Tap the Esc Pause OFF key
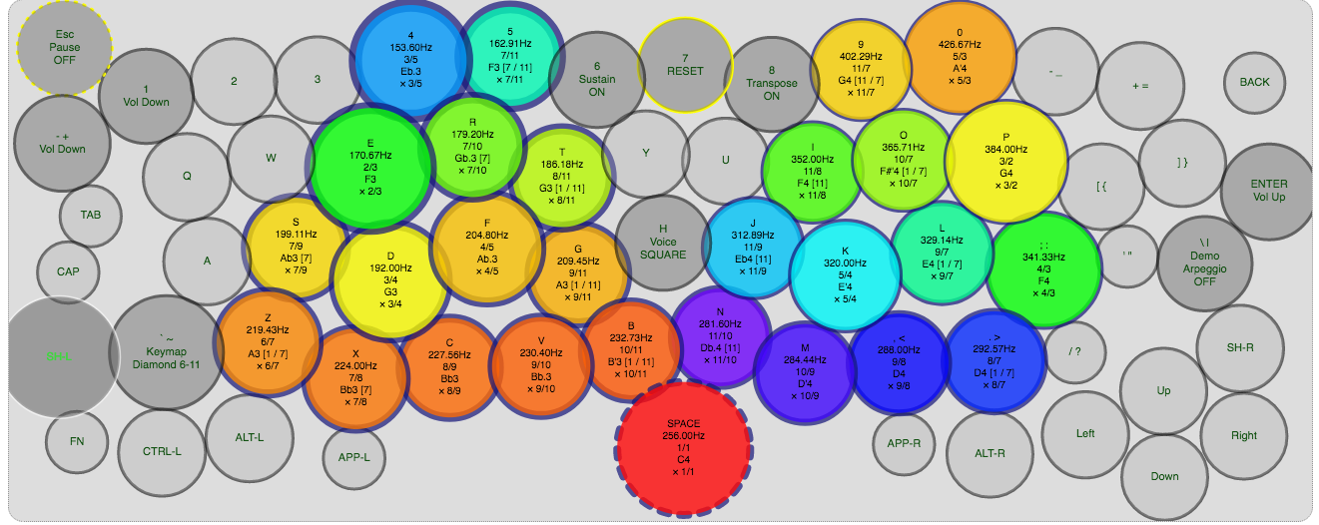[65, 47]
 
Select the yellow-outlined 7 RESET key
[685, 66]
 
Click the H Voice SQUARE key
[663, 243]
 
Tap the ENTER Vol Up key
[1268, 191]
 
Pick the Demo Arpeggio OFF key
[1205, 263]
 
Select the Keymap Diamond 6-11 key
[166, 351]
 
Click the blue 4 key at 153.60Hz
[410, 60]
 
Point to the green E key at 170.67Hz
[369, 168]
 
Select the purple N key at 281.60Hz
[720, 335]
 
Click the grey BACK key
[1254, 82]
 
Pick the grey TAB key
[91, 215]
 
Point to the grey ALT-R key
[989, 452]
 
